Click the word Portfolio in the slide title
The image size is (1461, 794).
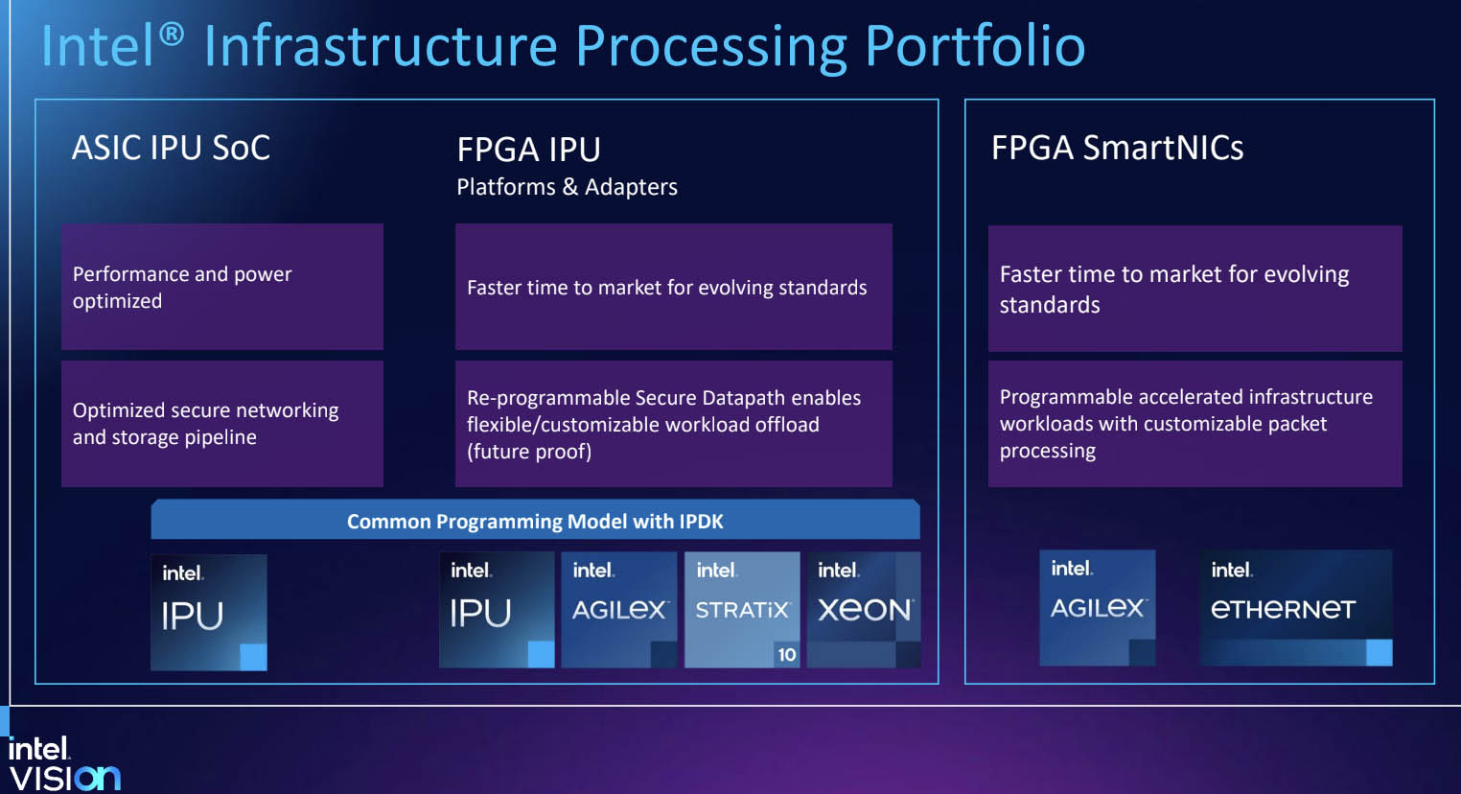point(974,46)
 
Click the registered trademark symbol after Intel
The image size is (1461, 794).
point(172,35)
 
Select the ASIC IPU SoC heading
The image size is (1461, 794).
point(171,148)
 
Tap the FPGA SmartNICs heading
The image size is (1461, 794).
point(1117,148)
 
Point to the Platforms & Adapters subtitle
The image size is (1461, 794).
point(567,187)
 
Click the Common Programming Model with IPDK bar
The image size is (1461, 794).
point(535,521)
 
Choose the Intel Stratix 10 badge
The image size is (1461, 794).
point(742,609)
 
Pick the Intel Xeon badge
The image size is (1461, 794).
point(864,609)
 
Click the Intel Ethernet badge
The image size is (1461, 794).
point(1295,607)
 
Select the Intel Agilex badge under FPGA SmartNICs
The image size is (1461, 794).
point(1097,607)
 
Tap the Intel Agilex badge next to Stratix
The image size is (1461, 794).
point(618,609)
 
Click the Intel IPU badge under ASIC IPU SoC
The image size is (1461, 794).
point(208,612)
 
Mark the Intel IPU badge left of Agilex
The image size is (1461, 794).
point(496,609)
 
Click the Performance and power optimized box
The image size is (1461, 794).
point(221,287)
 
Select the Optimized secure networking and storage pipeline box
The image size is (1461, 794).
point(221,423)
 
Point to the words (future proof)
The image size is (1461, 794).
point(529,452)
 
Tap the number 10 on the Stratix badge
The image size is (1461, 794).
point(786,655)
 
